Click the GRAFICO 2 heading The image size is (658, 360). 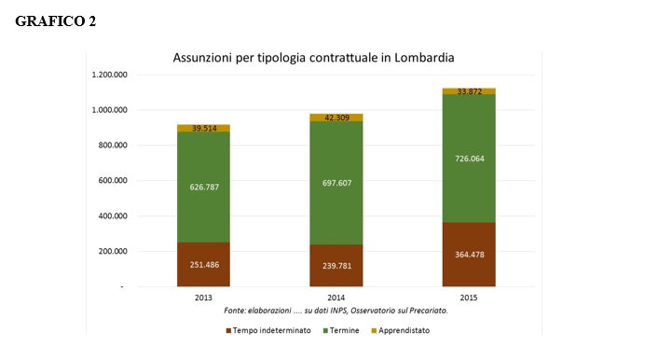tap(55, 21)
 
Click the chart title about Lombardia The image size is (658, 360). tap(313, 58)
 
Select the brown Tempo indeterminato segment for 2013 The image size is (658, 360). tap(203, 264)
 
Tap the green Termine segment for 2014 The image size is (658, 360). tap(336, 183)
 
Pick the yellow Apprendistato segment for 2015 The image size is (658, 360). tap(469, 91)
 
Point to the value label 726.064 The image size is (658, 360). tap(469, 159)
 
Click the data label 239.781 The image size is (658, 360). tap(336, 266)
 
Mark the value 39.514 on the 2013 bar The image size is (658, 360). tap(204, 128)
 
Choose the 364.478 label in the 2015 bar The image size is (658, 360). tap(469, 254)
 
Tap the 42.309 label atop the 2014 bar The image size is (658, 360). tap(337, 118)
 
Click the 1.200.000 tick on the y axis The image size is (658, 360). tap(110, 75)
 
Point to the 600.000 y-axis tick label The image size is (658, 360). tap(113, 180)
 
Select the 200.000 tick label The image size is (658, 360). tap(113, 251)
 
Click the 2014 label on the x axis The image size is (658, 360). tap(336, 298)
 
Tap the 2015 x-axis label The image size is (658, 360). tap(469, 298)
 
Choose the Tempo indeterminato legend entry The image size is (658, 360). tap(268, 330)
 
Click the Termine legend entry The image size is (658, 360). tap(341, 330)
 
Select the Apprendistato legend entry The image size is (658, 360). tap(401, 330)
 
